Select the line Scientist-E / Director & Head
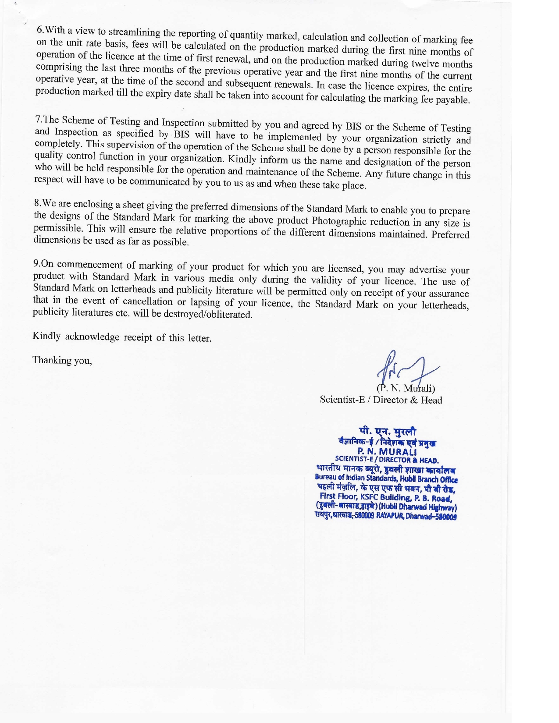[381, 400]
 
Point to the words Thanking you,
[62, 360]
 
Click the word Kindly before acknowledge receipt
[47, 336]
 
